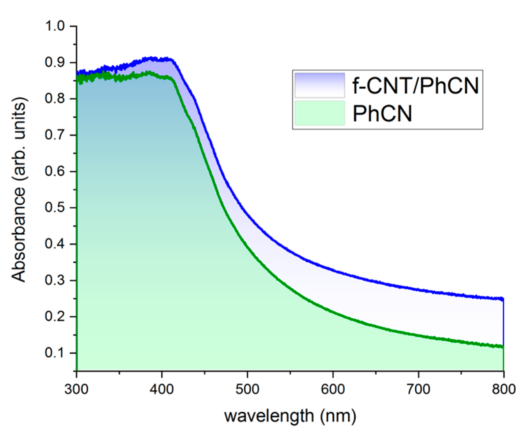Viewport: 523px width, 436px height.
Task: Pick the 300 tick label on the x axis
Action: point(77,389)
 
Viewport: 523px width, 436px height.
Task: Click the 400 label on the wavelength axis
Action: point(162,389)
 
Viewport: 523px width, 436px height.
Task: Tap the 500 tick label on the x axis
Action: point(247,389)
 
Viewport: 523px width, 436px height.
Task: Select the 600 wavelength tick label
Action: point(333,389)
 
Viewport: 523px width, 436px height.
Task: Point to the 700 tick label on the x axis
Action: point(418,389)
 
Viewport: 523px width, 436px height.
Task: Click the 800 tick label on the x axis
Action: point(503,389)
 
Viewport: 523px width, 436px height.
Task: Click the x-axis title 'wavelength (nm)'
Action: point(290,416)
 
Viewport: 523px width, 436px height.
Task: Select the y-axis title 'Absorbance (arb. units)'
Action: point(19,190)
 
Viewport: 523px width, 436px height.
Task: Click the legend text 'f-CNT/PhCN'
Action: point(415,86)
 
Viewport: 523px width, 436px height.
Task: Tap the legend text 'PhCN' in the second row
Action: point(382,114)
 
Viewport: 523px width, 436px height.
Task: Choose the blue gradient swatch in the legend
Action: point(320,85)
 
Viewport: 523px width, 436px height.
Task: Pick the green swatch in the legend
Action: point(320,113)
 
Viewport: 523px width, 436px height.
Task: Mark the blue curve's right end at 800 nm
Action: point(502,299)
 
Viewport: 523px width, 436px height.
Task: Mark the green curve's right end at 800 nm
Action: point(502,347)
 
